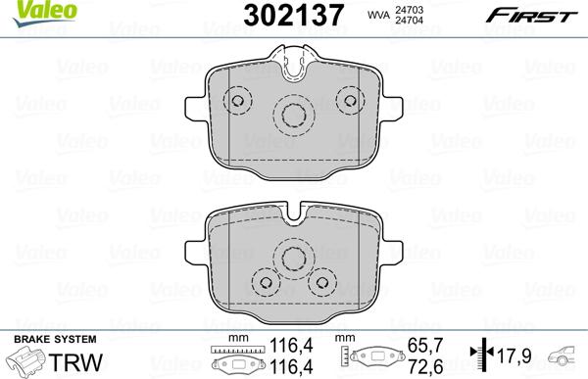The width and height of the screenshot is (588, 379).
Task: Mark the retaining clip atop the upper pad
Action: (294, 66)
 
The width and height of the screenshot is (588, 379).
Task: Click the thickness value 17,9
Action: (506, 355)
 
